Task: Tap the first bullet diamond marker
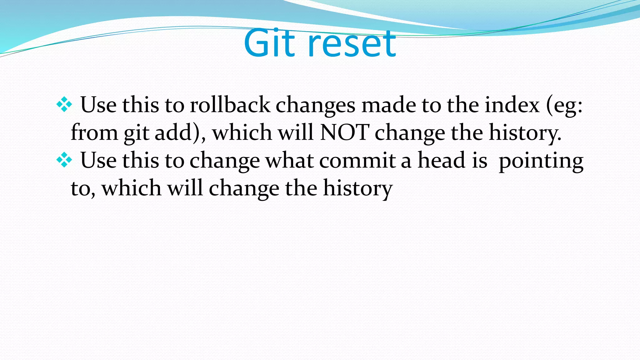[x=64, y=105]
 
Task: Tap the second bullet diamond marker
[x=64, y=160]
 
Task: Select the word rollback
[x=230, y=105]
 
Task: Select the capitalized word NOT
[x=344, y=132]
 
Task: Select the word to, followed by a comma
[x=82, y=188]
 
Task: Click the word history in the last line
[x=357, y=189]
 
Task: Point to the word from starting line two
[x=94, y=132]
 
